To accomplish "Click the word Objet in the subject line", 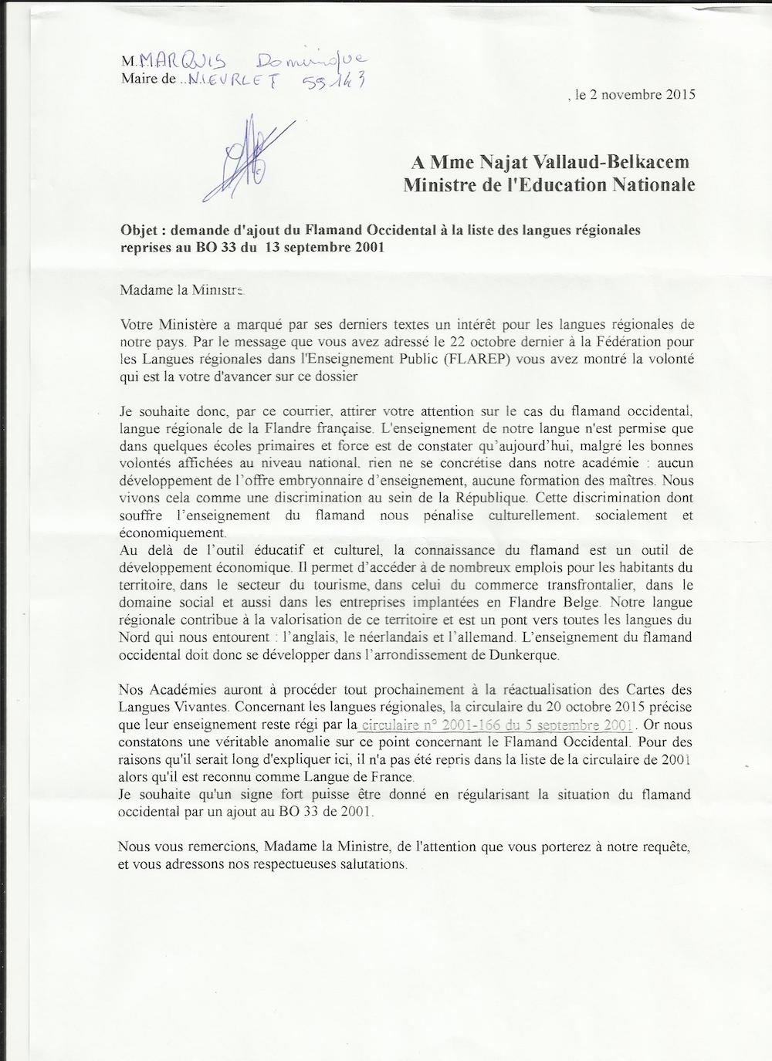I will coord(139,230).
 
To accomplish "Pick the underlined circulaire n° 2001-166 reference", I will coord(496,725).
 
